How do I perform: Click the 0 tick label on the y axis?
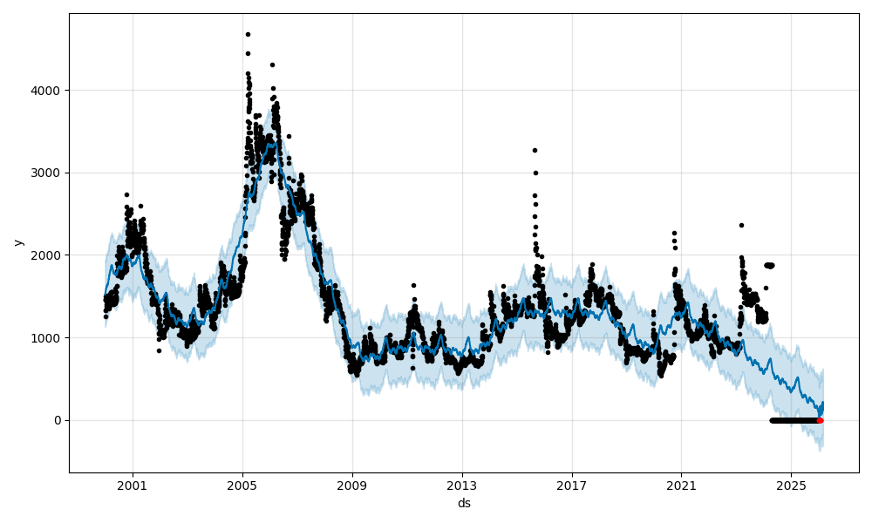(58, 420)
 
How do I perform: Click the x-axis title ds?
(464, 503)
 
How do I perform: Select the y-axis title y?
(17, 242)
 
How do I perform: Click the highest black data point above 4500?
(248, 34)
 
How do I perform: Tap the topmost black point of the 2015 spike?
(535, 150)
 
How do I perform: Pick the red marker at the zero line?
(820, 420)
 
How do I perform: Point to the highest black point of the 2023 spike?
(741, 225)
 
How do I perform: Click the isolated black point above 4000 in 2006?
(272, 65)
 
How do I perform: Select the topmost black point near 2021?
(674, 233)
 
